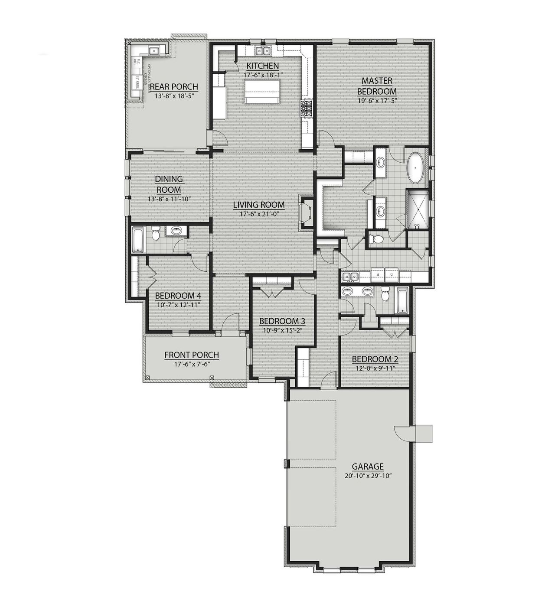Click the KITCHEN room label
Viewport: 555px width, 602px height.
(x=262, y=66)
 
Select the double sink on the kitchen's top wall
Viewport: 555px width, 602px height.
(x=261, y=51)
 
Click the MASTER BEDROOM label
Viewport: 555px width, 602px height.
(x=376, y=86)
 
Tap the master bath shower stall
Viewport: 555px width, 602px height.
(x=417, y=209)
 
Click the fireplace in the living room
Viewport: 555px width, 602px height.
(x=307, y=214)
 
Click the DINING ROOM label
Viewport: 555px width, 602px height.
(x=169, y=184)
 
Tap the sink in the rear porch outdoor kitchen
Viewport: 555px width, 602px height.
(x=154, y=51)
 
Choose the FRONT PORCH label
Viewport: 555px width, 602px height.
(x=192, y=355)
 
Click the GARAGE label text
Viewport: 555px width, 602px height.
(x=367, y=467)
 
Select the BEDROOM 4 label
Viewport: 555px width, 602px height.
(x=178, y=296)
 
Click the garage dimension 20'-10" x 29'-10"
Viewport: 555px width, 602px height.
(x=367, y=476)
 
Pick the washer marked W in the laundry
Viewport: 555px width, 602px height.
(x=378, y=275)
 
